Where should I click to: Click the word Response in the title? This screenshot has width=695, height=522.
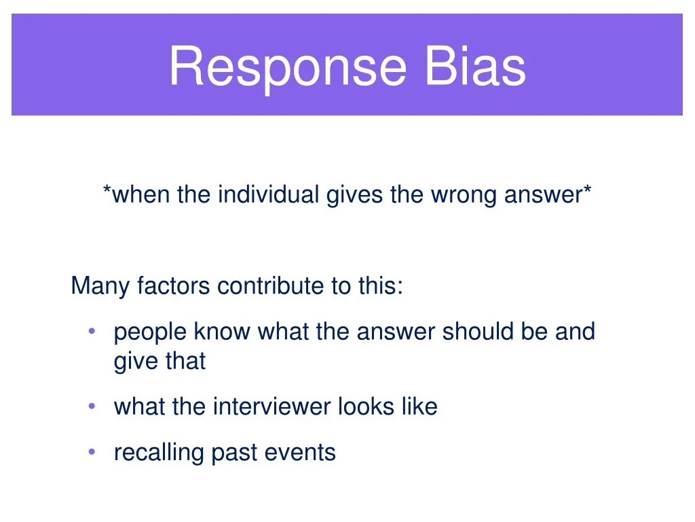[x=288, y=67]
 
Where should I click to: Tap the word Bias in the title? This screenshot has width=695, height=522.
[x=475, y=66]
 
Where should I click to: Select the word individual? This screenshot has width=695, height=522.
[x=269, y=194]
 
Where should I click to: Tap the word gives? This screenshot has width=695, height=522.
[x=354, y=196]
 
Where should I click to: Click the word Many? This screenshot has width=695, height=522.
[x=100, y=286]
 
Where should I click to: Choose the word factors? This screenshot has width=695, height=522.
[x=173, y=285]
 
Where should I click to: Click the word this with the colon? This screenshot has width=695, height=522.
[x=381, y=285]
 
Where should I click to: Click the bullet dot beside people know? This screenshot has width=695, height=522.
[x=92, y=331]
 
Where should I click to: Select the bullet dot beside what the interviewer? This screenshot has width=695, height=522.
[x=92, y=406]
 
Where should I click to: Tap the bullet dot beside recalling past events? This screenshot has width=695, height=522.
[x=92, y=452]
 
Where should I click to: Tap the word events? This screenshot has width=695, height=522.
[x=300, y=453]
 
